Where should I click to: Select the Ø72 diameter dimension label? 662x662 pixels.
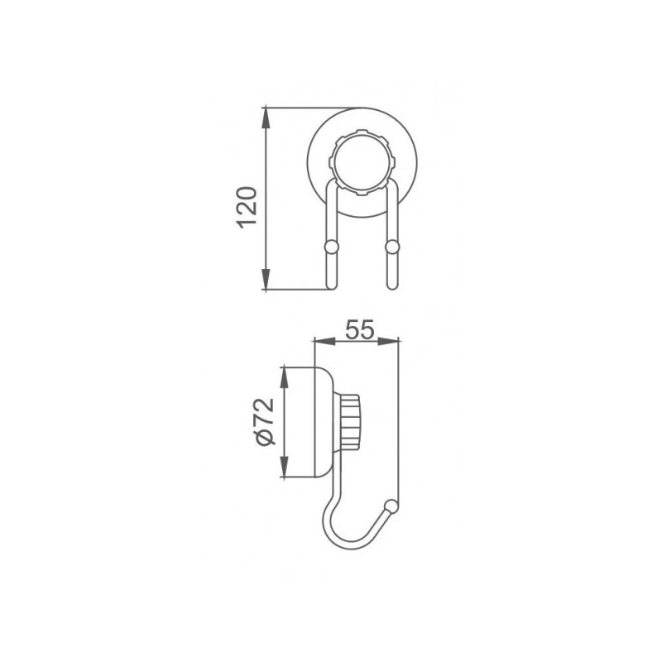tap(264, 422)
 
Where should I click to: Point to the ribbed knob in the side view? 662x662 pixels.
tap(349, 421)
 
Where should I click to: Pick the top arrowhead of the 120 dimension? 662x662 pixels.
tap(266, 115)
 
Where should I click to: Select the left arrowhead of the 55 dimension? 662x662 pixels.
tap(319, 339)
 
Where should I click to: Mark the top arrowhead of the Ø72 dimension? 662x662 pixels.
tap(283, 375)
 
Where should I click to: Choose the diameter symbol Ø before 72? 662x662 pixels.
tap(264, 439)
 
